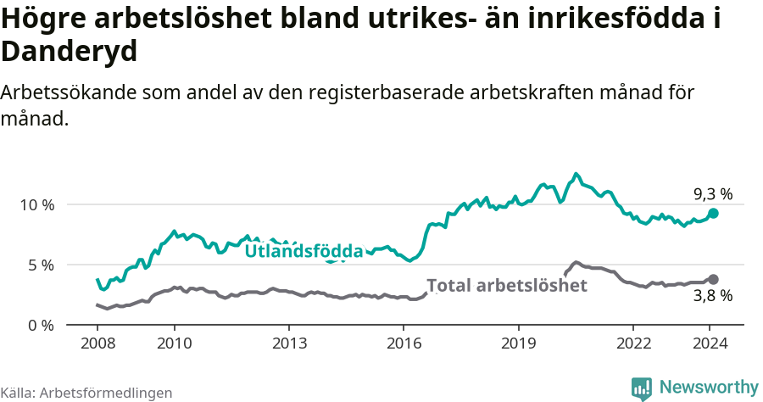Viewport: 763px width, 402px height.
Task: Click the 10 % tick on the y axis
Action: pos(36,204)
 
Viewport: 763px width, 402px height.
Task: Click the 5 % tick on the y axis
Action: pos(40,265)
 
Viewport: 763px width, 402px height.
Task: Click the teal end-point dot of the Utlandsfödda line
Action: pos(713,214)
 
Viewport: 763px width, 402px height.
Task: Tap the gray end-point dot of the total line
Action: pos(713,279)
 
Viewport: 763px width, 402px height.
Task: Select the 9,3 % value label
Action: pos(712,193)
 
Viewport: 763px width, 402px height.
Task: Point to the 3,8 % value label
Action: pos(712,296)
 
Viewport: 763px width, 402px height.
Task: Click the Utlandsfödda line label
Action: pos(304,251)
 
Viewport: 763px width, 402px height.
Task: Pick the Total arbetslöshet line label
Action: pos(506,286)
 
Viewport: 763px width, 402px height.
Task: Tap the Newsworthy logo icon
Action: pos(642,388)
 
